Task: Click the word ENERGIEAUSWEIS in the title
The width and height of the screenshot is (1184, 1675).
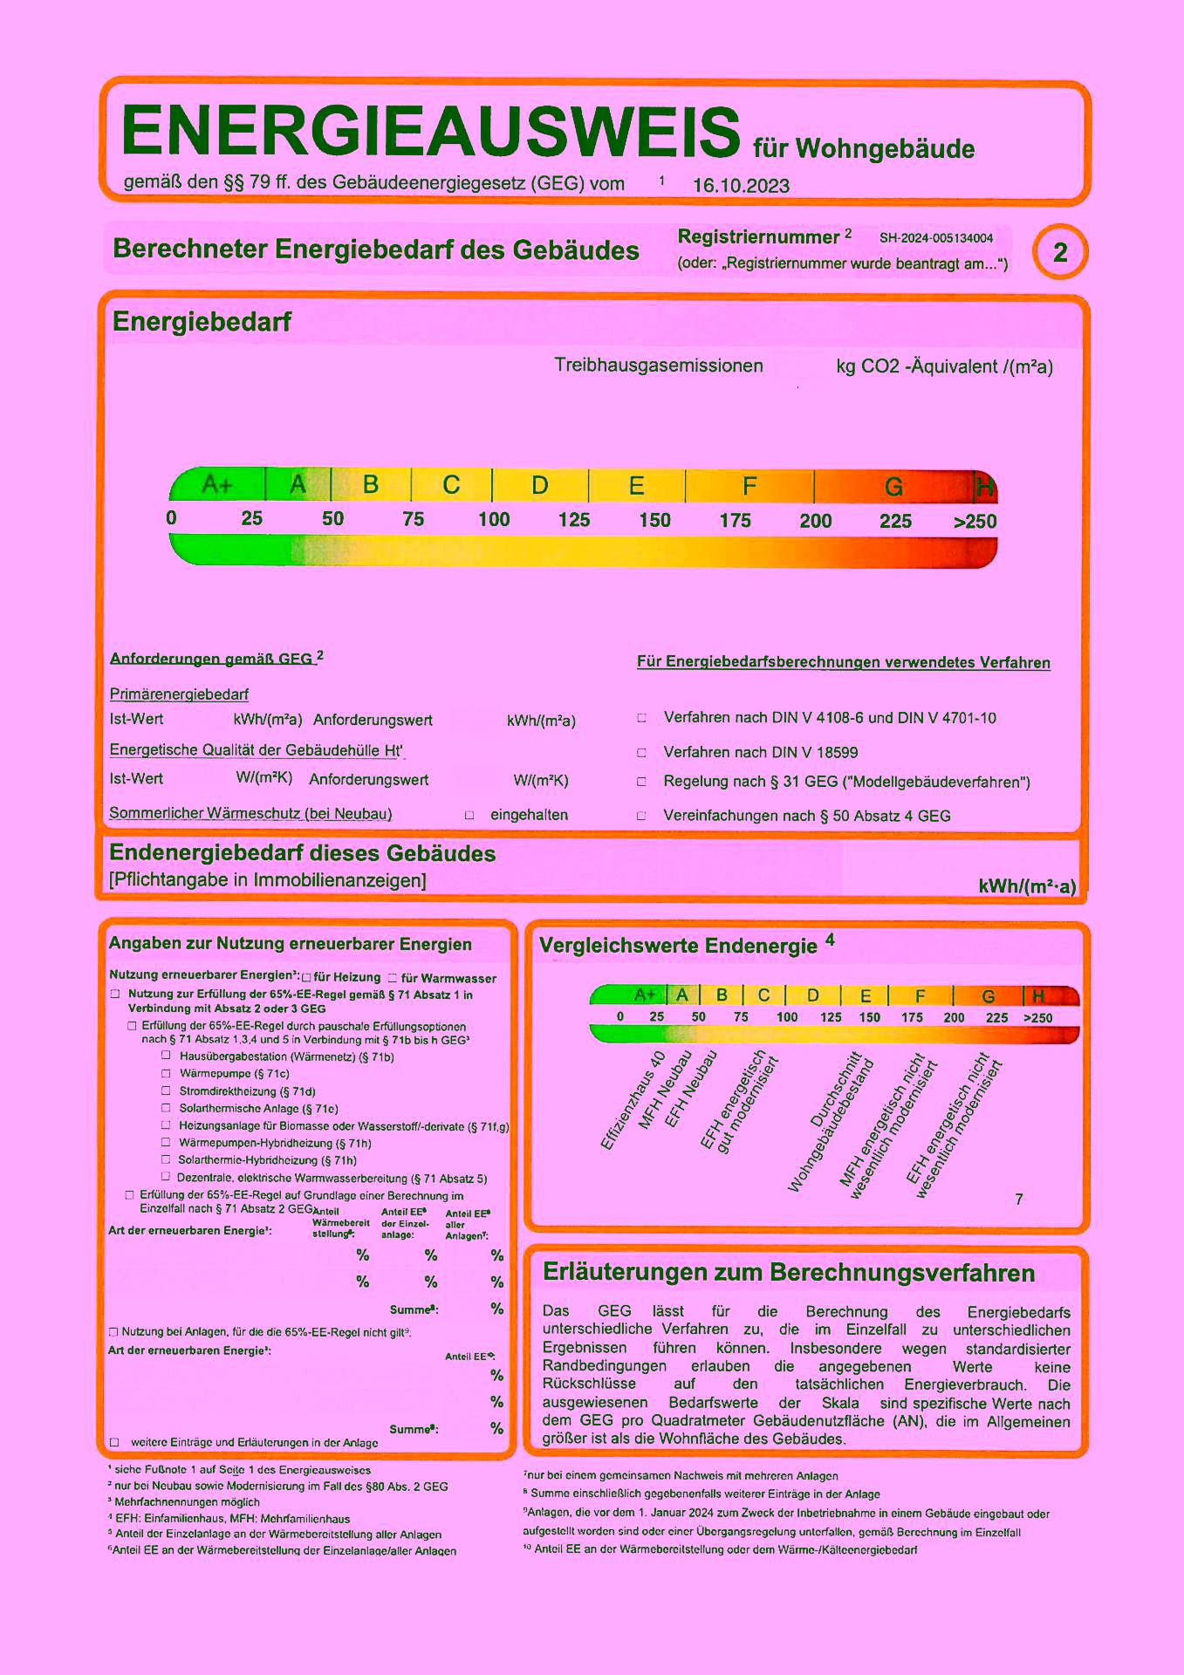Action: click(x=430, y=131)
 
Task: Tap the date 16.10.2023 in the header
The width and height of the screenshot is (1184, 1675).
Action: click(x=741, y=186)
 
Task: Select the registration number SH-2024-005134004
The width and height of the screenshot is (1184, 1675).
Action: click(x=935, y=238)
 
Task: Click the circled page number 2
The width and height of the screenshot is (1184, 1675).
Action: click(x=1060, y=253)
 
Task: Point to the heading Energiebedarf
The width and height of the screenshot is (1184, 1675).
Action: click(x=202, y=322)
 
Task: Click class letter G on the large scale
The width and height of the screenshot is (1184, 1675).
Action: click(x=893, y=487)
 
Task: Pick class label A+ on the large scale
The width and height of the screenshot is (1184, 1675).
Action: click(x=216, y=484)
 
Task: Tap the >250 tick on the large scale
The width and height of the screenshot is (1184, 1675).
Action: click(x=975, y=522)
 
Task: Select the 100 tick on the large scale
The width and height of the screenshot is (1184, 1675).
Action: click(x=494, y=520)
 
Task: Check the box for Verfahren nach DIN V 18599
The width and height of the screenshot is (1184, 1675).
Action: click(x=641, y=752)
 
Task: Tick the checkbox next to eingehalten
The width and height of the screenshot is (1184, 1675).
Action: click(x=469, y=815)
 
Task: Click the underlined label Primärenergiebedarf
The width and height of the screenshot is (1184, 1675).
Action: click(x=179, y=694)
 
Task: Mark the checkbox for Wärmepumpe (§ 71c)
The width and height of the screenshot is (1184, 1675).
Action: click(x=166, y=1073)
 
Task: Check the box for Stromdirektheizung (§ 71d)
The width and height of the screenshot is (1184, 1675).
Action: click(x=166, y=1090)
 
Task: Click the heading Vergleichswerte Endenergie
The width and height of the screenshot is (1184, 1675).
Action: click(x=678, y=946)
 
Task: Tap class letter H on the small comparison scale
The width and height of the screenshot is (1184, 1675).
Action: click(x=1038, y=996)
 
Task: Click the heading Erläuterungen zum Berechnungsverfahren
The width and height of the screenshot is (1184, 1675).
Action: click(x=789, y=1273)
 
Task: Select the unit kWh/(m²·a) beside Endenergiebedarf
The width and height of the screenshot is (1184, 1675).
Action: click(x=1027, y=886)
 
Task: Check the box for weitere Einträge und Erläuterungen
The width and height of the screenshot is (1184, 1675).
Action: click(x=114, y=1442)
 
